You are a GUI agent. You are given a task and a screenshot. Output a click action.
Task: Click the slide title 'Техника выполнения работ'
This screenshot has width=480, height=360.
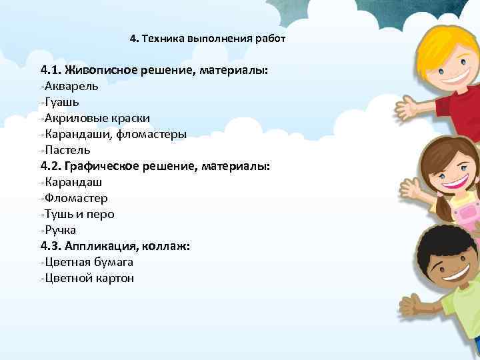pos(213,38)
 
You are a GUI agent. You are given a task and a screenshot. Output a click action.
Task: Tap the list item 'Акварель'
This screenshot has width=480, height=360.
pos(70,86)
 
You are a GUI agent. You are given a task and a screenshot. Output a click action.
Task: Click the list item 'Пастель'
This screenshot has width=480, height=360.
pos(65,150)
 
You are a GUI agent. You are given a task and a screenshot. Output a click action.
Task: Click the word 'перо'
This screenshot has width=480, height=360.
pos(101,214)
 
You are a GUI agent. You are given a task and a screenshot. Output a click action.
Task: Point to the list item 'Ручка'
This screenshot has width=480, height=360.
pos(61,230)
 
